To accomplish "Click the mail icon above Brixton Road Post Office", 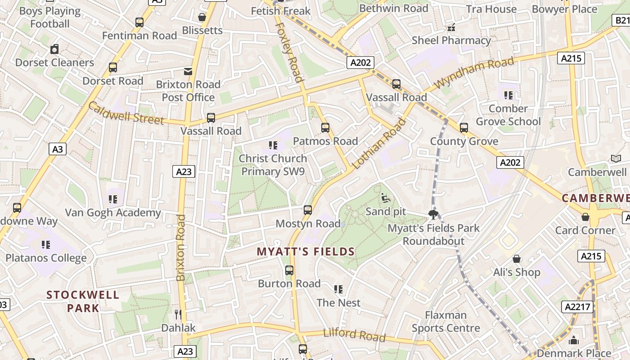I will (188, 72).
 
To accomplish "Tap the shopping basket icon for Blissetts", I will (202, 17).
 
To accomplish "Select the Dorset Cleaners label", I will (54, 63).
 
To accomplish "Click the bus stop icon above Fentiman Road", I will (139, 22).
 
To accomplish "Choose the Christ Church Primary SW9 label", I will (273, 165).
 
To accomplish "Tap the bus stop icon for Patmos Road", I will (325, 128).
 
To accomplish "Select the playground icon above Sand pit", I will (386, 198).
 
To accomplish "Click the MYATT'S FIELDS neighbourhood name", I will (306, 252).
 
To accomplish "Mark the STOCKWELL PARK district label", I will (83, 301).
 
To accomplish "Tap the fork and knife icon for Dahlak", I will (178, 314).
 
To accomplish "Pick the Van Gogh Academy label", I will (113, 212).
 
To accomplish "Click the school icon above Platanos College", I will (46, 245).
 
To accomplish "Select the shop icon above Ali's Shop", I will (517, 259).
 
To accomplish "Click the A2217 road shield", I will (577, 307).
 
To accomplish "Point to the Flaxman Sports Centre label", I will (445, 321).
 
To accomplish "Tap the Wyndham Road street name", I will (474, 72).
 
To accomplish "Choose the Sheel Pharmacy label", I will (451, 40).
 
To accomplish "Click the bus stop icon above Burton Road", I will (289, 270).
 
